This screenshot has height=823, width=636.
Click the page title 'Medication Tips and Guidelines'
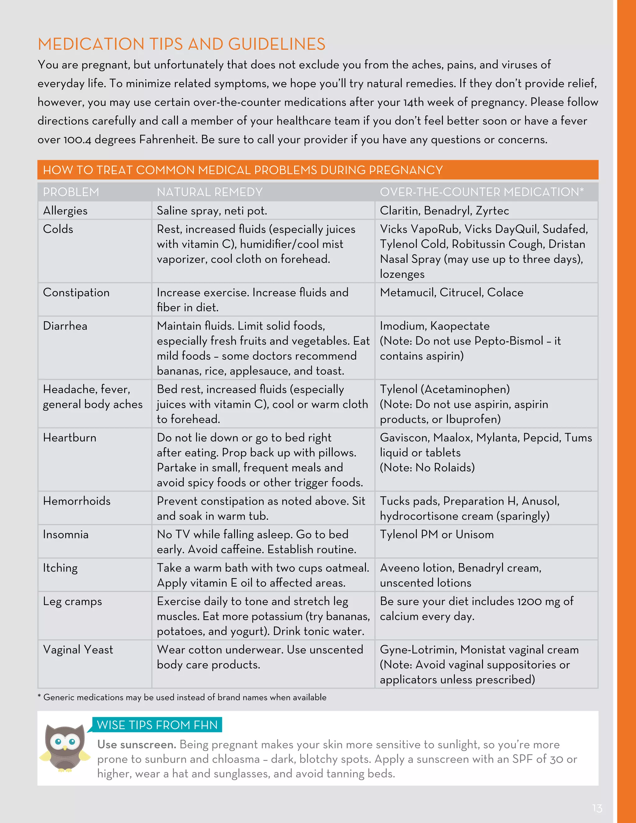[x=181, y=44]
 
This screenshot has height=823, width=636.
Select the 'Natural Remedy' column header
[x=210, y=192]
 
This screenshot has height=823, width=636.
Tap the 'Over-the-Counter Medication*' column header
[x=482, y=192]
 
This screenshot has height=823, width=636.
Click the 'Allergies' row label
[x=65, y=211]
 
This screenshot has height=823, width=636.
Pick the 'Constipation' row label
[x=76, y=293]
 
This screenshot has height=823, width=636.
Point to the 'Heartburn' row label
[x=70, y=438]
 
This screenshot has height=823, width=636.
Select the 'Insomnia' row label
[x=66, y=534]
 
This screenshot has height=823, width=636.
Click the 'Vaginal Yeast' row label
[x=78, y=650]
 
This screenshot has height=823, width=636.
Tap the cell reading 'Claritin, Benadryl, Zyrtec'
[x=444, y=211]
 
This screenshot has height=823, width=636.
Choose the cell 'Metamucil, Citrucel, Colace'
[x=451, y=293]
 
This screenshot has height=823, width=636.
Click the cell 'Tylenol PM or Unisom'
[x=437, y=534]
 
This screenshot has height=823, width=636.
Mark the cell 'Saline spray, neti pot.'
[x=212, y=211]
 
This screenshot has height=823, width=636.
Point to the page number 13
[x=597, y=808]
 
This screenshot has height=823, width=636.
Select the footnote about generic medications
[x=182, y=698]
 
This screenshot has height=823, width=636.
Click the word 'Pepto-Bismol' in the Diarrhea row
[x=508, y=341]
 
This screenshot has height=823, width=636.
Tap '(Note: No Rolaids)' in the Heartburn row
[x=427, y=468]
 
